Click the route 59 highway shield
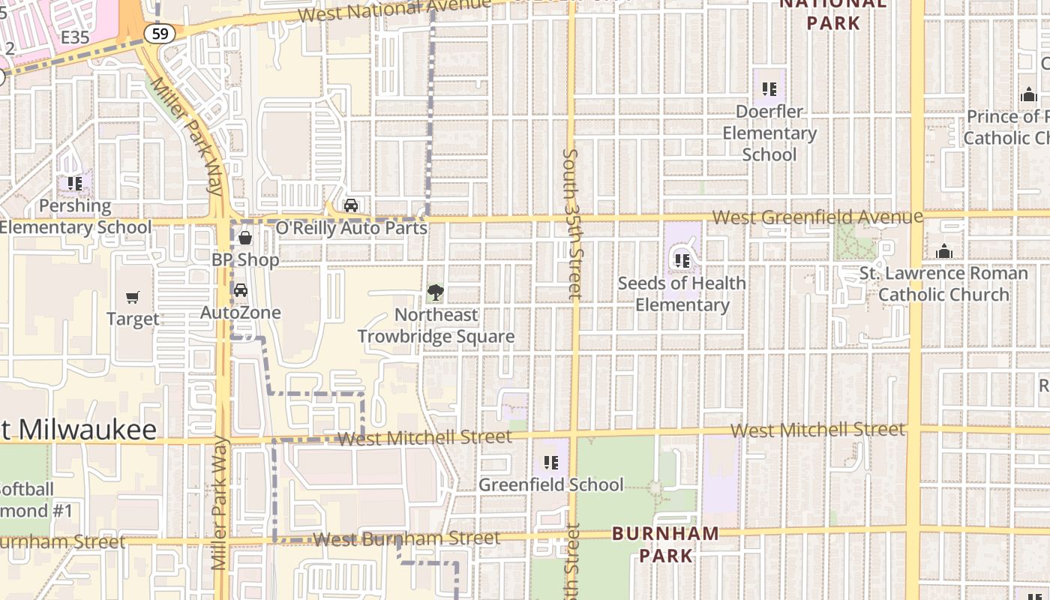point(160,33)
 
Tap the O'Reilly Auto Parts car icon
point(350,205)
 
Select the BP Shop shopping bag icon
point(244,238)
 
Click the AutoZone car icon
point(241,290)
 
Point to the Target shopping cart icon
point(133,298)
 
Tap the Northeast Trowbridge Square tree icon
point(435,292)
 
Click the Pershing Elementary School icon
point(74,183)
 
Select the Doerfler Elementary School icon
point(769,89)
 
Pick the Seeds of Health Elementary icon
point(682,261)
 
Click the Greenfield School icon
point(550,463)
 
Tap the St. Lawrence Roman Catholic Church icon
point(943,251)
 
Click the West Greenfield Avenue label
point(817,217)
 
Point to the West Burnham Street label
point(406,538)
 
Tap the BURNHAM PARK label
point(665,544)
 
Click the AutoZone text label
point(241,313)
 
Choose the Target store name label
point(133,319)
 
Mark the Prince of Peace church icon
point(1028,95)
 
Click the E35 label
point(75,37)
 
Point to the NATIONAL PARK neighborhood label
point(833,13)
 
